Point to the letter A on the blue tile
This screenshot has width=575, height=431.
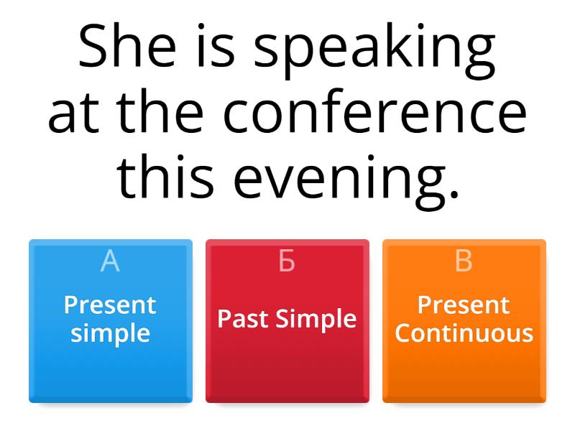(x=110, y=262)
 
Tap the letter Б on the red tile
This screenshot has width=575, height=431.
(x=287, y=262)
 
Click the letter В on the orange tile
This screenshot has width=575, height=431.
(x=464, y=262)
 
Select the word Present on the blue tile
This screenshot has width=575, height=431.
(x=110, y=305)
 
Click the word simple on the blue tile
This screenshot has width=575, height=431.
(x=110, y=333)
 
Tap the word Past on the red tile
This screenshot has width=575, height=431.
(x=242, y=319)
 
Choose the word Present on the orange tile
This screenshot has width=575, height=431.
(x=464, y=305)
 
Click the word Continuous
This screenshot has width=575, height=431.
(x=464, y=333)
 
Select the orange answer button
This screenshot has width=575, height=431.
(x=464, y=366)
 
